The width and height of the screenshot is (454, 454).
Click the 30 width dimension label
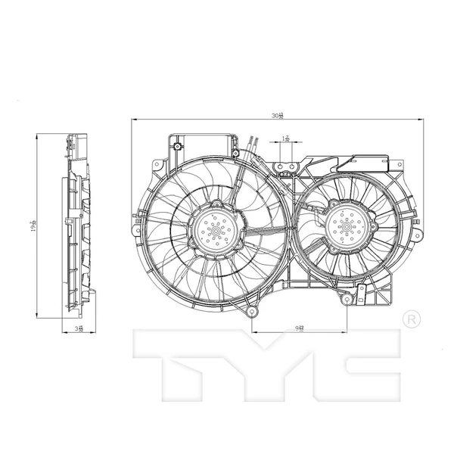point(278,116)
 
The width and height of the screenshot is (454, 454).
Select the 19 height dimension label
point(33,226)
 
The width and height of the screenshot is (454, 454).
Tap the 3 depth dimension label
point(80,328)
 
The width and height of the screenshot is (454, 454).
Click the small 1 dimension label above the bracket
point(286,139)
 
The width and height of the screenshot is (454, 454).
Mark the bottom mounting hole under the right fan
point(347,301)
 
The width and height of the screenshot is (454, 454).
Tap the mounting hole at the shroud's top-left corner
point(157,164)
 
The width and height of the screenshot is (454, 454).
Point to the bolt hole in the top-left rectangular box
point(176,145)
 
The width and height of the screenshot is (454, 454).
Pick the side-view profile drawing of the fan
point(76,227)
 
